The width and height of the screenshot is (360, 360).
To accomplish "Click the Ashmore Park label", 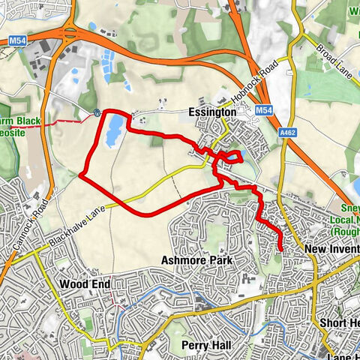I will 196,260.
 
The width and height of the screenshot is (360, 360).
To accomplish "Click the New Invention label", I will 332,249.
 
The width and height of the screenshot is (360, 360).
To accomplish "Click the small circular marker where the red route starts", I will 98,113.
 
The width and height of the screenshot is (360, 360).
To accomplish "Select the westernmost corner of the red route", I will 79,176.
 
